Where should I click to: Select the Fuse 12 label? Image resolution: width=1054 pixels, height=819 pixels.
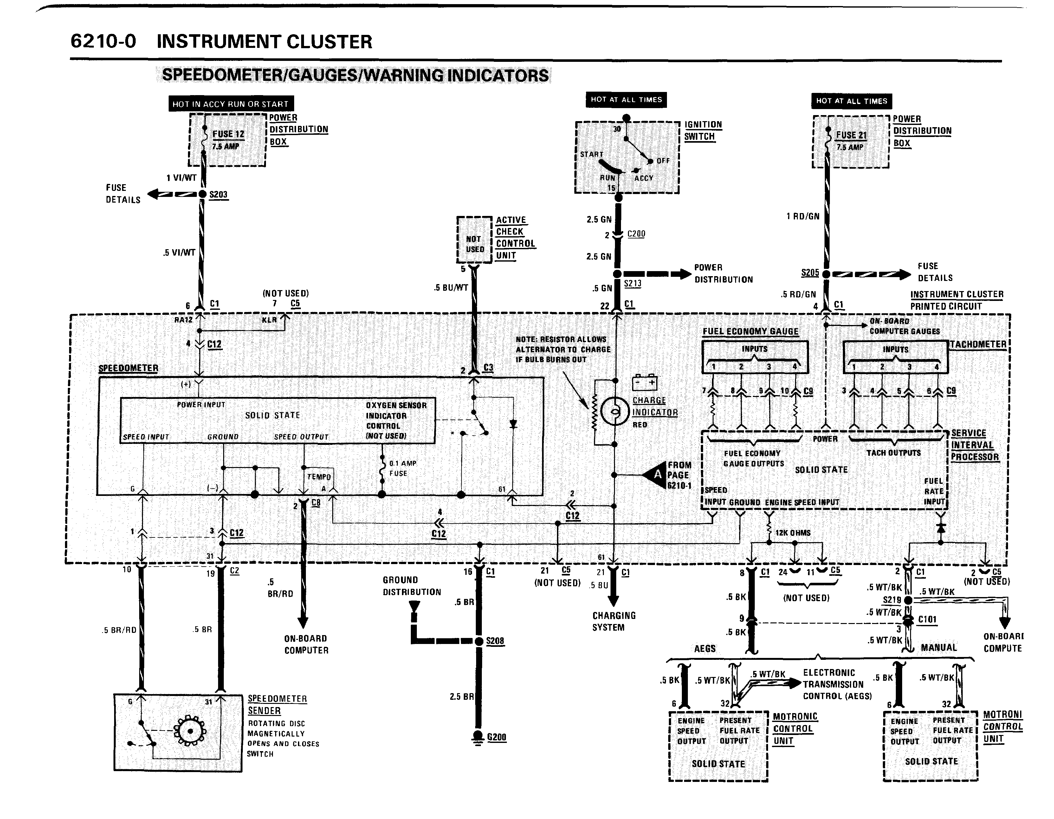click(x=228, y=134)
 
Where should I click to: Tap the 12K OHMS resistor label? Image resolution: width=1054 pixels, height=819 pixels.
click(x=792, y=533)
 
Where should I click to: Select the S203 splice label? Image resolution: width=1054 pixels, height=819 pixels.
click(x=218, y=194)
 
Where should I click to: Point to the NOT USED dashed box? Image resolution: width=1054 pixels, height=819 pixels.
click(x=475, y=240)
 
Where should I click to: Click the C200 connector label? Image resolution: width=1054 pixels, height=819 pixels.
click(x=636, y=234)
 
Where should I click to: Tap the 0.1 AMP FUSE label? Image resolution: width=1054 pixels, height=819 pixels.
click(x=403, y=468)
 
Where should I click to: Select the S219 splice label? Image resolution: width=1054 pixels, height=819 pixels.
click(x=892, y=600)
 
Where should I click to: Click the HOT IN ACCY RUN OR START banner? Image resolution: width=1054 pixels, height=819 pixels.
click(x=231, y=104)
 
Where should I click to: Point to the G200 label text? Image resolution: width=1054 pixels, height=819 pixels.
click(x=497, y=737)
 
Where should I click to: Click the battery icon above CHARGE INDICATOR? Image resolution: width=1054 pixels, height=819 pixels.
click(x=645, y=383)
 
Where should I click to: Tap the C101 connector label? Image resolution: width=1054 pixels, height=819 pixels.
click(x=927, y=619)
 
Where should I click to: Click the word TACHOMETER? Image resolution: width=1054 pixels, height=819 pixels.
click(x=978, y=344)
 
